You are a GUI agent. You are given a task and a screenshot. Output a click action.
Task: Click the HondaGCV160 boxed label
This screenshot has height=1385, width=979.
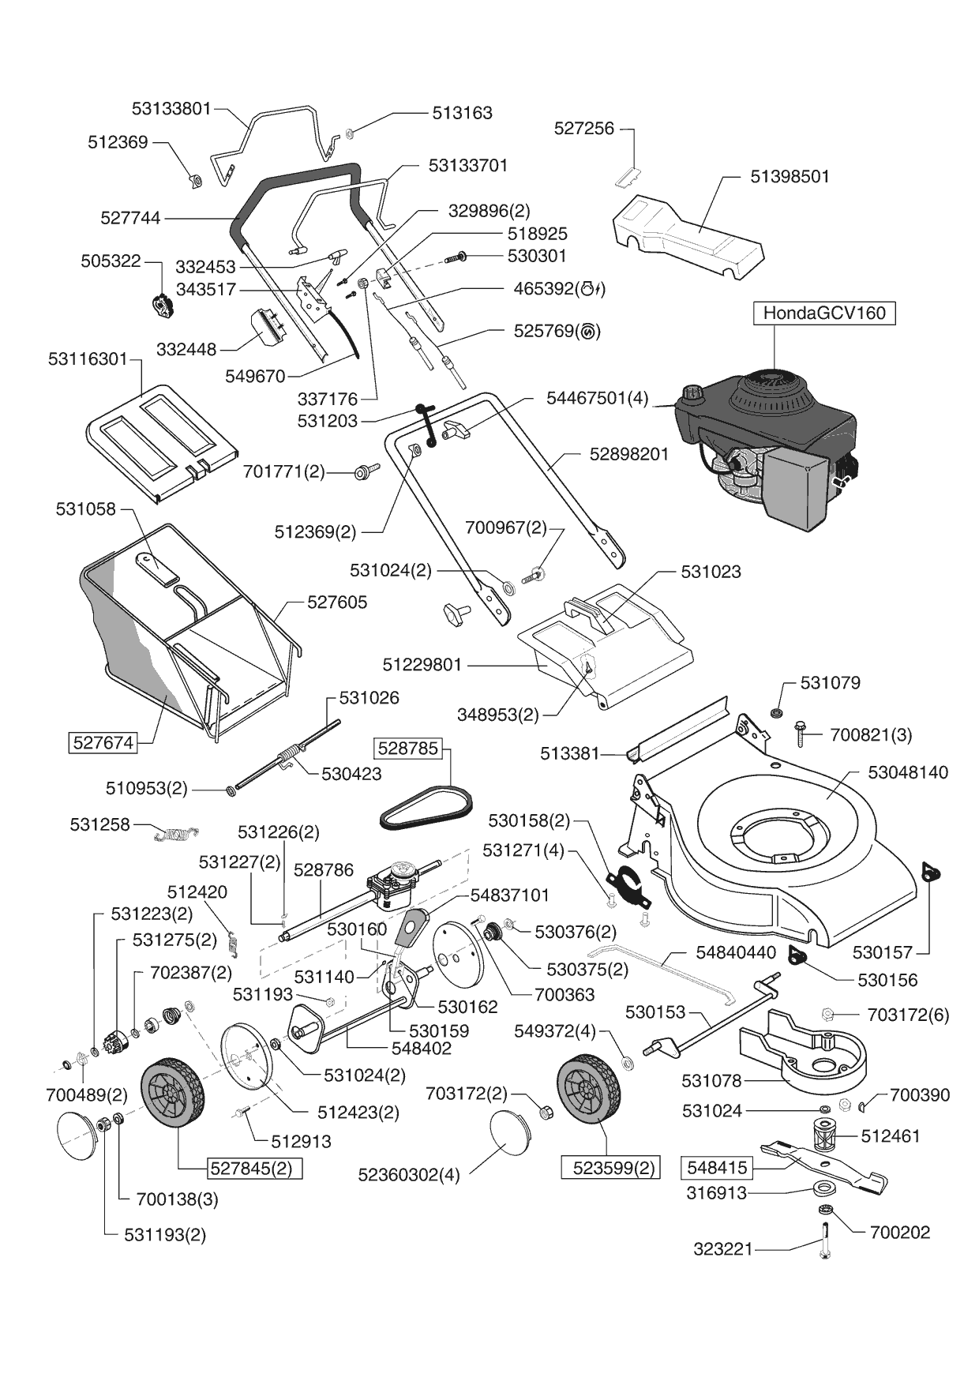[x=824, y=313]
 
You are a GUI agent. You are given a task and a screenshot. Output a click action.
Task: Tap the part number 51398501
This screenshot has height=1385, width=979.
[x=790, y=176]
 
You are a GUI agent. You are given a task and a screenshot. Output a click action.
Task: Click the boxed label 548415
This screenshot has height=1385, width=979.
[x=717, y=1167]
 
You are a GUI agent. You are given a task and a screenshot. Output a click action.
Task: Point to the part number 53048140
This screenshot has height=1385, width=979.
[x=908, y=772]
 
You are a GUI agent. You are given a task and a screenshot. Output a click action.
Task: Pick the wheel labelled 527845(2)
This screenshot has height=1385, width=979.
[x=171, y=1094]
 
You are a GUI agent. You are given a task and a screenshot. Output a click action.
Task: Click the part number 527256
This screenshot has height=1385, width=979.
[x=583, y=128]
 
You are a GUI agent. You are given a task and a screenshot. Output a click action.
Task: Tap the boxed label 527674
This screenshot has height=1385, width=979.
[x=103, y=743]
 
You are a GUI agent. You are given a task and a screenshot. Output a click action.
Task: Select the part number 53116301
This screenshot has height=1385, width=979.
[x=88, y=359]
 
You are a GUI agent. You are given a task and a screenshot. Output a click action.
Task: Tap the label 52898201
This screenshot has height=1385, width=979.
[x=628, y=454]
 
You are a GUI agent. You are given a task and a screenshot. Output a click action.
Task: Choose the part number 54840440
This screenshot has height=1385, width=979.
[x=736, y=953]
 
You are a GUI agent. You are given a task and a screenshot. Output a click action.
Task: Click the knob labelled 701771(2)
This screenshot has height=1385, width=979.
[x=364, y=471]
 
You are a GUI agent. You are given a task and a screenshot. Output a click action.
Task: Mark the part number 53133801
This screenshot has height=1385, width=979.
[x=171, y=108]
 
